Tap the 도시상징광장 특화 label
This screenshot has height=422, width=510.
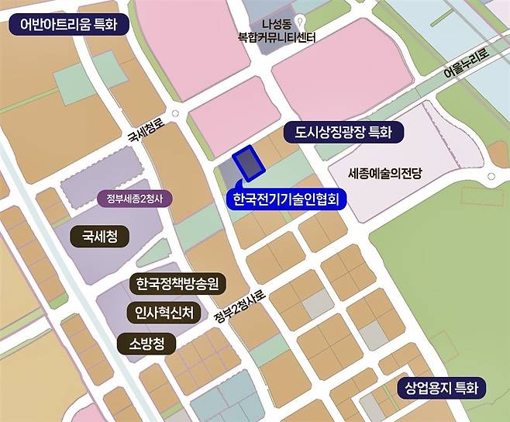343,133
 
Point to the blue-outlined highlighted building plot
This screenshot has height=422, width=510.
249,163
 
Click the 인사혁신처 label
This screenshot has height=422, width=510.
163,313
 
